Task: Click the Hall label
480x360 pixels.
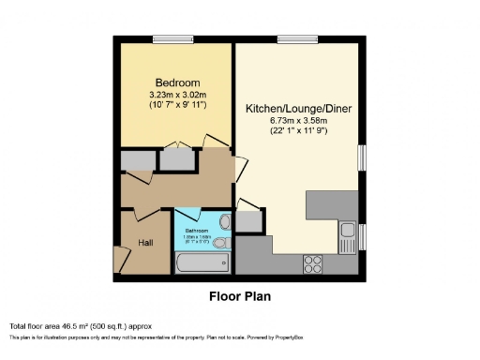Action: coord(145,243)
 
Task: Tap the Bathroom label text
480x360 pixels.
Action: coord(196,230)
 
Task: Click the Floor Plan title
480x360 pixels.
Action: coord(240,295)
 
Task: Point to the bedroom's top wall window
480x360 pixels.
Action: coord(172,39)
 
